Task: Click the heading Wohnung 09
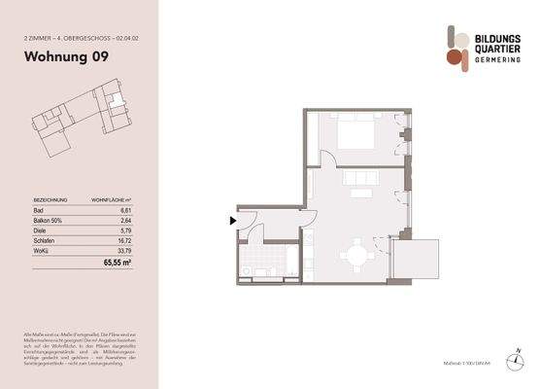[x=66, y=56]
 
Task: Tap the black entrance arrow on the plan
[x=232, y=221]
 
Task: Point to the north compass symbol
[x=520, y=361]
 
